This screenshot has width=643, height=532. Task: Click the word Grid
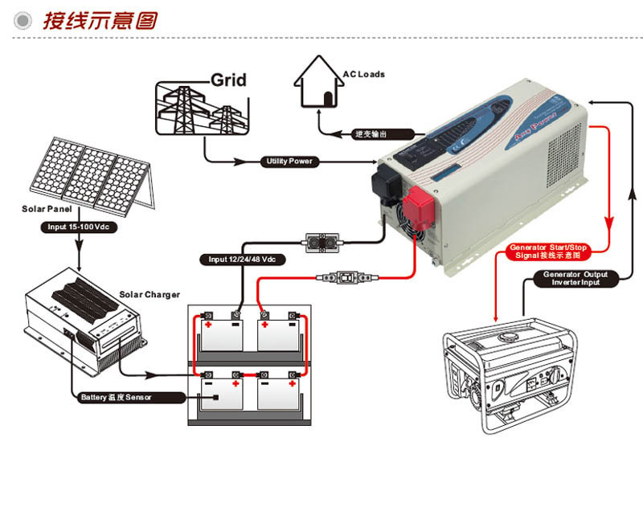[228, 80]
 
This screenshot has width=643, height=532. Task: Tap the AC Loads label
[363, 75]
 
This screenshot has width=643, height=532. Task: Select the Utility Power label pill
[289, 162]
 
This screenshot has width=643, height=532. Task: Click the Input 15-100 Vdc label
[78, 227]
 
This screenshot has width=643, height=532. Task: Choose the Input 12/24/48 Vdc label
[242, 260]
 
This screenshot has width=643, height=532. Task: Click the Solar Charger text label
[149, 295]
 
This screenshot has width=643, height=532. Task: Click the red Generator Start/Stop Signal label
[550, 251]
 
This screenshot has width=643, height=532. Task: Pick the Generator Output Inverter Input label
[575, 278]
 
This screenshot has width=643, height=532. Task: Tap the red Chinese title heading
[100, 20]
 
